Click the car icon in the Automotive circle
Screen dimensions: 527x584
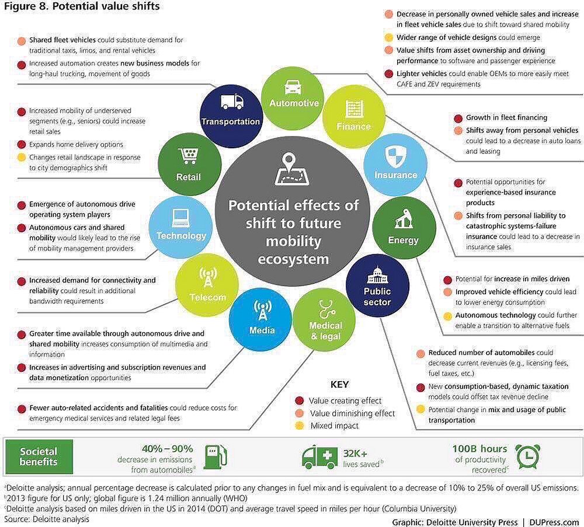tap(294, 88)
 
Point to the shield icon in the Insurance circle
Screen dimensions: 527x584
tap(395, 156)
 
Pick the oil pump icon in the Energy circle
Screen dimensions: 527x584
tap(403, 221)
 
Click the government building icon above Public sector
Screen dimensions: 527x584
tap(376, 275)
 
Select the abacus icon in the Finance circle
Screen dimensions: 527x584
tap(353, 109)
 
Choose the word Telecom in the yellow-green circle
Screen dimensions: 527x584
tap(207, 297)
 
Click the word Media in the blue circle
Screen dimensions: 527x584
tap(262, 330)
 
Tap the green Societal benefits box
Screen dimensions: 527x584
tap(39, 456)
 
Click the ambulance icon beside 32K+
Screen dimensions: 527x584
tap(319, 457)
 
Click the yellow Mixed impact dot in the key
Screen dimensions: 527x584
tap(300, 426)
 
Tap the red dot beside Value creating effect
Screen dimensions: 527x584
tap(300, 401)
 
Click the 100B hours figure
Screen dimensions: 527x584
tap(479, 449)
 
